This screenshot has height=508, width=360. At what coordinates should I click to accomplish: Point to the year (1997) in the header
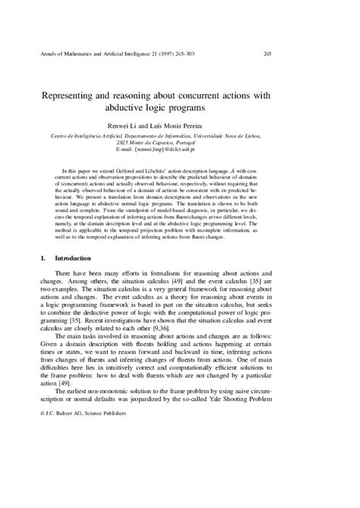(166, 53)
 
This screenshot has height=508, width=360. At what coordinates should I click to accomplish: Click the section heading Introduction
(77, 260)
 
